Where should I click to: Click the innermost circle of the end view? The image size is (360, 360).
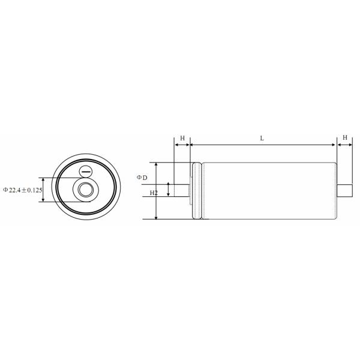(x=83, y=190)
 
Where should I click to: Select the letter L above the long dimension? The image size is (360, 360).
(x=262, y=138)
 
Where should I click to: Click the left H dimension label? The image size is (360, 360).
(x=182, y=138)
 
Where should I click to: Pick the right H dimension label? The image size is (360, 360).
(x=345, y=138)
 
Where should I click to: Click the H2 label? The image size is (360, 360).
(x=154, y=193)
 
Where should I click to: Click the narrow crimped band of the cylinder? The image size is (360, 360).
(x=196, y=191)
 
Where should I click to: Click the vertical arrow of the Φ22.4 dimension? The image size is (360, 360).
(x=44, y=190)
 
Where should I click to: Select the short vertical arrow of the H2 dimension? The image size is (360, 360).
(x=169, y=190)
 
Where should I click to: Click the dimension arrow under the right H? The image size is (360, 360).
(x=345, y=145)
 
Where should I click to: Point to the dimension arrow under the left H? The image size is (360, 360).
(x=182, y=145)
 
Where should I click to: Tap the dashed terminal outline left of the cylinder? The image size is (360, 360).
(x=189, y=190)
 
